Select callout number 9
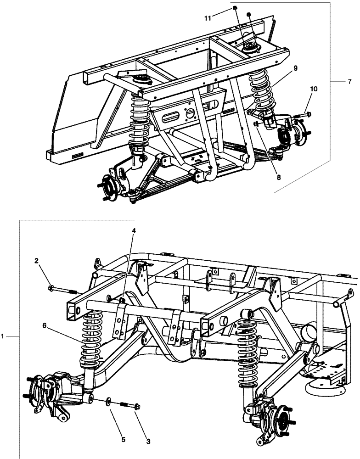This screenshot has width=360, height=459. point(296,68)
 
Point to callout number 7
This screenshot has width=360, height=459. point(349,82)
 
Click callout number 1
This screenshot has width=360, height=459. point(3,336)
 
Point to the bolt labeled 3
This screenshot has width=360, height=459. point(130,405)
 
